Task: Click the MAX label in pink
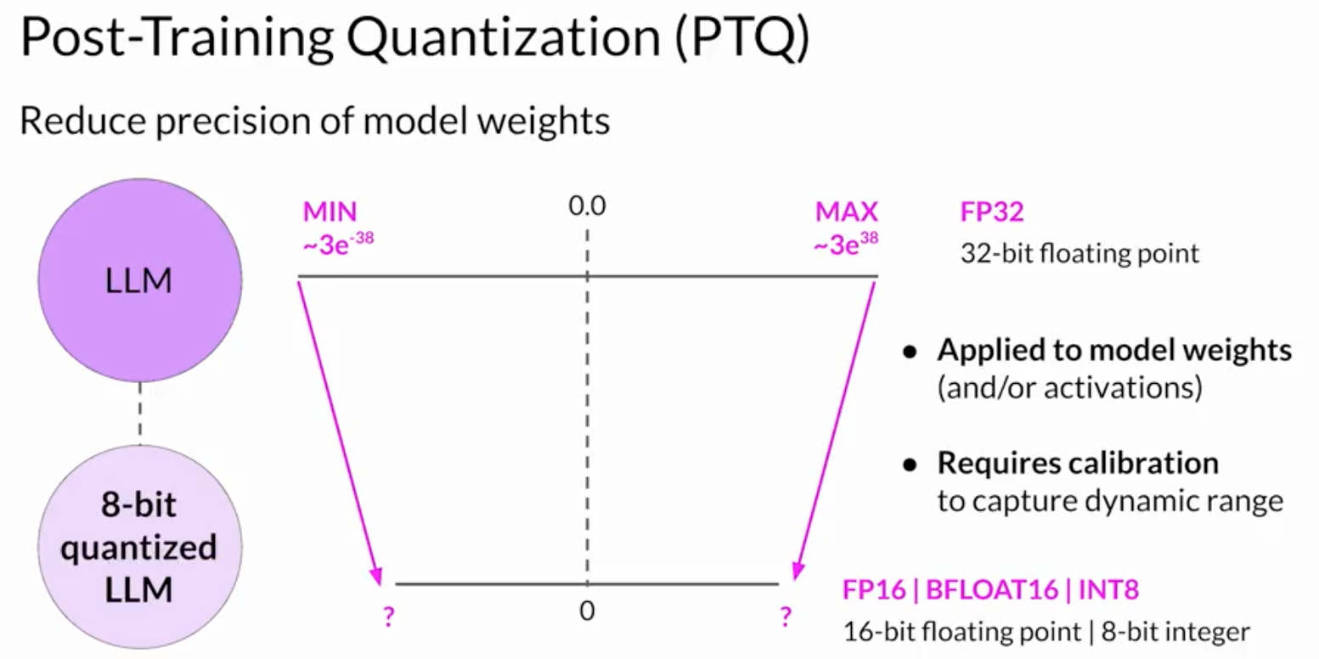(x=846, y=211)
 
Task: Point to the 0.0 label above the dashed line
(x=587, y=206)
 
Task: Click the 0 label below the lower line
(x=587, y=611)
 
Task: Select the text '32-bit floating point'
(x=1080, y=253)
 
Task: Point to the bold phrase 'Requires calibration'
(x=1078, y=464)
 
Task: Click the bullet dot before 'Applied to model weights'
(x=910, y=352)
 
